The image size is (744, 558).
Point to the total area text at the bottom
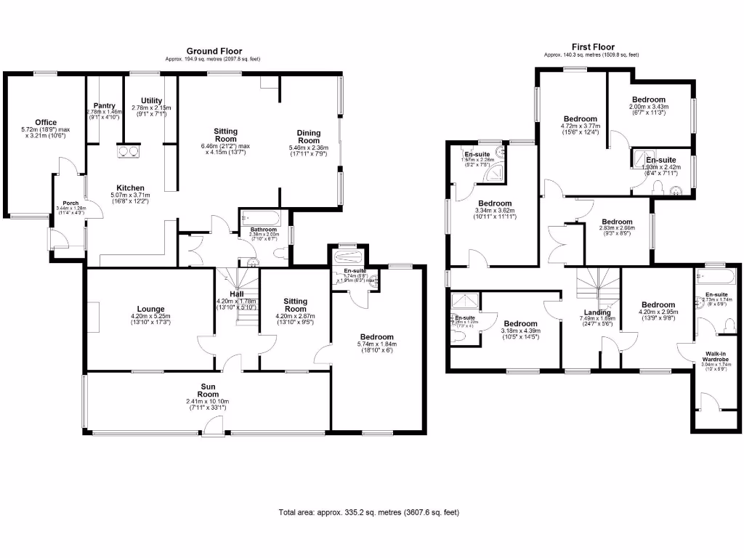coord(368,512)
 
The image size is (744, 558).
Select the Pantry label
coord(104,105)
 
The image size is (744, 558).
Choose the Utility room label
coord(151,101)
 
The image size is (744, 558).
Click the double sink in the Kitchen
coord(128,151)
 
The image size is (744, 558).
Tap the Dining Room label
coord(309,137)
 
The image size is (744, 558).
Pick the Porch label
coord(70,203)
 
